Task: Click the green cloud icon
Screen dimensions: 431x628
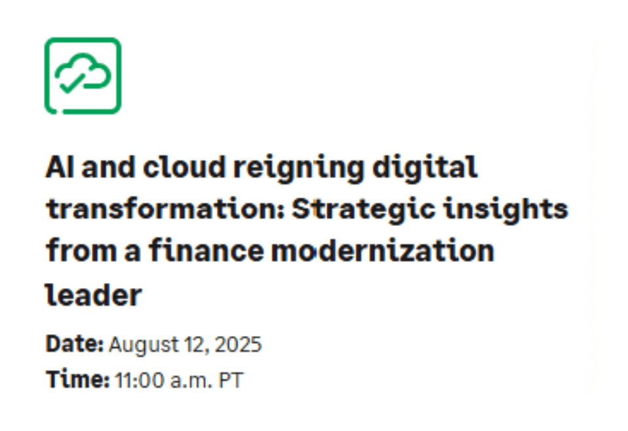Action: pos(83,75)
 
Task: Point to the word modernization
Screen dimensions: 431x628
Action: pos(383,252)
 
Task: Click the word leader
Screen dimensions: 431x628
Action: pos(93,295)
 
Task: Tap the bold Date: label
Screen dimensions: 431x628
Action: pos(75,344)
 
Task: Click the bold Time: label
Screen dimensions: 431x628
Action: pos(77,379)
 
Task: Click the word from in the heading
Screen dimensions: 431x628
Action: pos(72,252)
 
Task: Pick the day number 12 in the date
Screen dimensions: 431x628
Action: pos(195,345)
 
